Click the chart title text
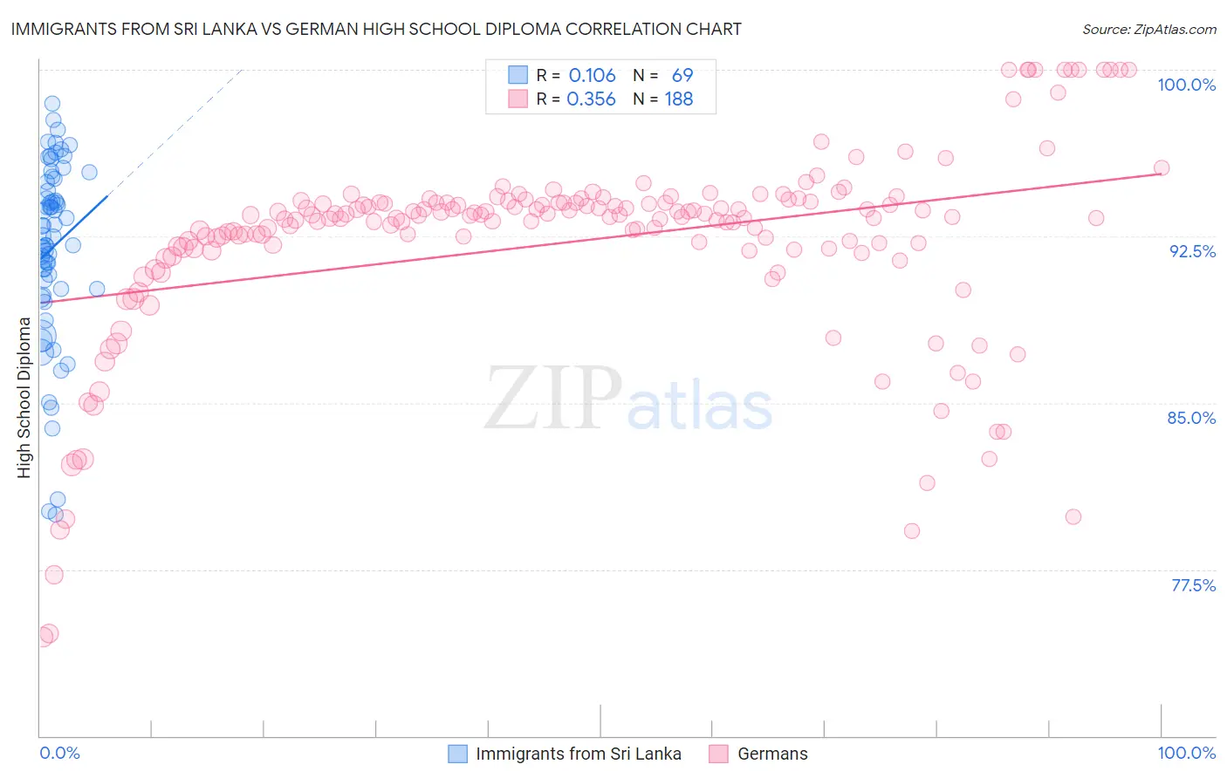click(x=374, y=29)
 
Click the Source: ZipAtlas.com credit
click(x=1148, y=29)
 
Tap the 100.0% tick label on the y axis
click(x=1186, y=85)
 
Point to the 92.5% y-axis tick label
click(x=1192, y=251)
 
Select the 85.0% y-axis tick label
click(x=1191, y=418)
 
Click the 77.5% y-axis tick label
click(x=1193, y=585)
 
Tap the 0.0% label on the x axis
click(x=59, y=753)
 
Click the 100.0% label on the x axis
click(x=1186, y=753)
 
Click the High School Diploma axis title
click(x=24, y=397)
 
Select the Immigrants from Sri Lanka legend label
click(x=578, y=754)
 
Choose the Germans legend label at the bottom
click(x=772, y=754)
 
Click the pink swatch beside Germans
click(x=718, y=754)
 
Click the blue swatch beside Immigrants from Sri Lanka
click(x=457, y=754)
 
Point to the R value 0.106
click(x=592, y=76)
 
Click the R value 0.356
click(x=591, y=99)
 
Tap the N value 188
click(x=679, y=99)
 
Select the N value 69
click(x=682, y=76)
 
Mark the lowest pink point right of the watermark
click(x=912, y=531)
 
